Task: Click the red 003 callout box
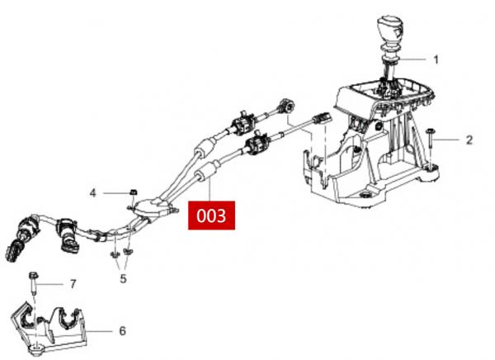(x=211, y=216)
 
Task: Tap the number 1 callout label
(x=436, y=59)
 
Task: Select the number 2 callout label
(x=469, y=140)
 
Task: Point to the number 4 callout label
(x=92, y=193)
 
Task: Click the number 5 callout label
(x=123, y=279)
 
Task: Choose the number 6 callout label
(x=122, y=331)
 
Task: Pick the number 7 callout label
(x=73, y=284)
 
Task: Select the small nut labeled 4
(x=134, y=192)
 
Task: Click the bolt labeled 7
(x=33, y=282)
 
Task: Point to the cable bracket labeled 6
(x=49, y=329)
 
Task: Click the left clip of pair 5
(x=114, y=254)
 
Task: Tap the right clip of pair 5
(x=128, y=252)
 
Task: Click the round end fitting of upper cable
(x=288, y=106)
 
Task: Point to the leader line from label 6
(x=100, y=331)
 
